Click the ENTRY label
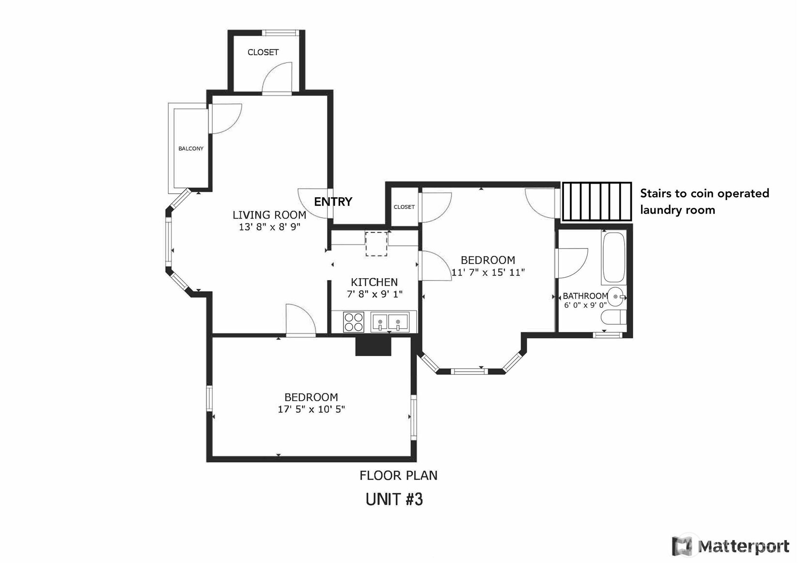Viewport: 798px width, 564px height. [x=333, y=202]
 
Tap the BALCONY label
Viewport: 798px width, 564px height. [x=191, y=149]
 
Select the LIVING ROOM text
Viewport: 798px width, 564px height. [x=269, y=215]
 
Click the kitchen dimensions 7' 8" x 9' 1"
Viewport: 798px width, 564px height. [x=375, y=294]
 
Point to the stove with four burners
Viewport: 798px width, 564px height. [x=354, y=322]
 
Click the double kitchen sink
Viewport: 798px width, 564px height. [x=390, y=322]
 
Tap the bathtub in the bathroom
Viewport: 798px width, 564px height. [x=613, y=258]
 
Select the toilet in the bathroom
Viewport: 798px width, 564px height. [x=612, y=317]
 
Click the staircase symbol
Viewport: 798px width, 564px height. [x=596, y=202]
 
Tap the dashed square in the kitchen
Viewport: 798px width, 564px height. [x=376, y=244]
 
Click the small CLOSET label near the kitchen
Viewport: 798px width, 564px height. [x=404, y=207]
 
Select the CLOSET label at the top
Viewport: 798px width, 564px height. [x=263, y=52]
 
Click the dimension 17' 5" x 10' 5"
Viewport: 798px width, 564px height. [x=311, y=409]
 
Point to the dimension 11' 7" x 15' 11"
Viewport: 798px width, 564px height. [x=488, y=272]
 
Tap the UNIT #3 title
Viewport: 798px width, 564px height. [x=394, y=500]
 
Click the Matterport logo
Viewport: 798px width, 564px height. [x=731, y=546]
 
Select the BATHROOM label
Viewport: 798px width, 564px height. [x=585, y=296]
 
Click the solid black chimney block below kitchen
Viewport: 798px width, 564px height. [x=373, y=346]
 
